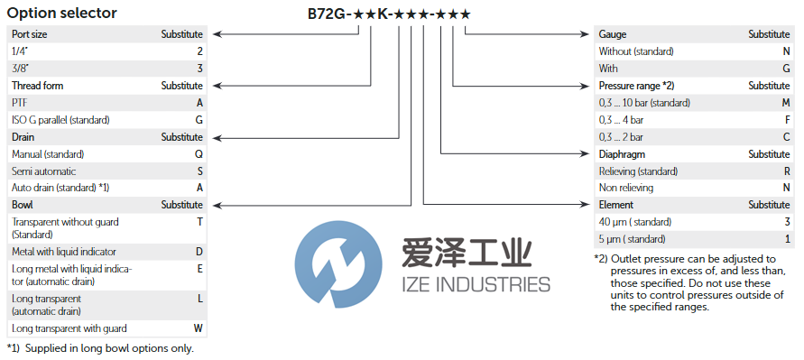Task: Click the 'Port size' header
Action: click(x=29, y=33)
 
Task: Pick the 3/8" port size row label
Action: click(x=19, y=68)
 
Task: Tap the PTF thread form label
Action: click(x=19, y=102)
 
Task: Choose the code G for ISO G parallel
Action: click(x=199, y=119)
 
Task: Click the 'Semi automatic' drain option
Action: click(x=43, y=171)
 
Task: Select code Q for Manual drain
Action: click(x=199, y=153)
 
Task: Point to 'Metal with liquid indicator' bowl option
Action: click(x=63, y=252)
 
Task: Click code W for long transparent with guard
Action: click(x=199, y=328)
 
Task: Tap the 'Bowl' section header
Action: click(x=22, y=205)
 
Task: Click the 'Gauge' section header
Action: click(x=613, y=33)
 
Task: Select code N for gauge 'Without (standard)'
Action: click(x=786, y=51)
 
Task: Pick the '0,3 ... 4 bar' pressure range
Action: click(x=621, y=119)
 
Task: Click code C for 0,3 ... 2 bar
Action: click(x=786, y=136)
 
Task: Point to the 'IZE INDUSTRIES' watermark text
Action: click(x=461, y=285)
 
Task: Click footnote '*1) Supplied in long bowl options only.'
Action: click(x=100, y=348)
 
